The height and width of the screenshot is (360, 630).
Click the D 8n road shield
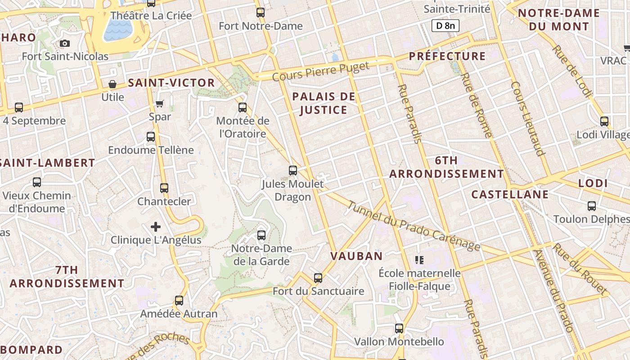click(x=445, y=26)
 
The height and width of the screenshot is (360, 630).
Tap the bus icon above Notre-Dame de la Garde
click(x=261, y=235)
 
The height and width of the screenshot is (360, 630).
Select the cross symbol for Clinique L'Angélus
click(x=156, y=226)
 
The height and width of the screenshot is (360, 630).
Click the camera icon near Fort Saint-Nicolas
click(x=65, y=43)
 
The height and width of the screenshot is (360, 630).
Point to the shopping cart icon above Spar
click(x=160, y=103)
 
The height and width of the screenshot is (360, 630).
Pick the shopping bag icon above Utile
click(x=112, y=84)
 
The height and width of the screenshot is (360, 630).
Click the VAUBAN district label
click(x=356, y=256)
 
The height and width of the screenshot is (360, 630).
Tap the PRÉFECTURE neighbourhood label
click(x=447, y=56)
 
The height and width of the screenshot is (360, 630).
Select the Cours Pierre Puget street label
click(x=321, y=72)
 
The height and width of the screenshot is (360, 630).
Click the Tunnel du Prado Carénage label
click(x=414, y=225)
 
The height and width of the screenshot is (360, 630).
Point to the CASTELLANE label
click(x=510, y=194)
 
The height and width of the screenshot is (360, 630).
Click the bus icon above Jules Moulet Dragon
click(x=293, y=171)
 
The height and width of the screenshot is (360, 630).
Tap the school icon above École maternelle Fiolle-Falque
click(x=419, y=260)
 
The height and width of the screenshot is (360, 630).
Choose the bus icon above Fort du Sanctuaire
click(x=318, y=278)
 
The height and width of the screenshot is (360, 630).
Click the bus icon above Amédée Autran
click(x=179, y=300)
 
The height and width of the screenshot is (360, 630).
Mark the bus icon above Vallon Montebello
click(x=399, y=328)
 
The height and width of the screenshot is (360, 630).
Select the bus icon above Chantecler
click(x=164, y=188)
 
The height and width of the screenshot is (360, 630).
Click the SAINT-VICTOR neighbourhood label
click(x=171, y=83)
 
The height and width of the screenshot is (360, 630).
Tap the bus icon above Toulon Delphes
click(x=592, y=206)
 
